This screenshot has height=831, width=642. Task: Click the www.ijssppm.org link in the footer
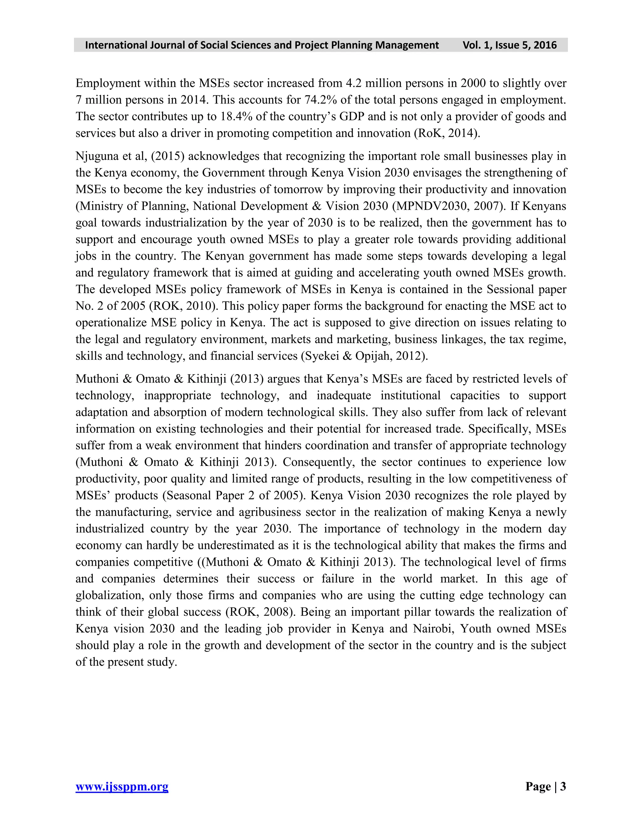point(122,786)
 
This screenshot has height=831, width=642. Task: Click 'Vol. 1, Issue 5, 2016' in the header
point(509,45)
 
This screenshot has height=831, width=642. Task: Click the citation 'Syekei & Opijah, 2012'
point(364,356)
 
